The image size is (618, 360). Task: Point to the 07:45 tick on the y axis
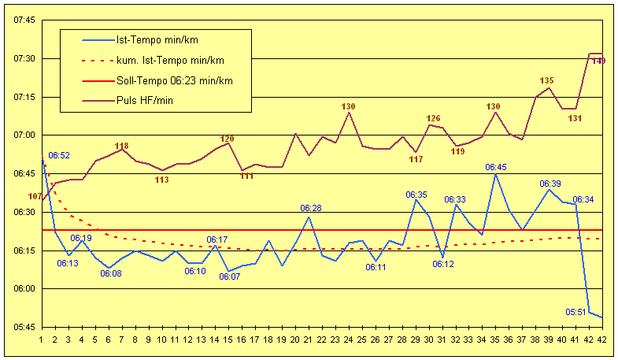click(x=24, y=20)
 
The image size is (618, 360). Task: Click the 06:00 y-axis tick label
click(x=24, y=289)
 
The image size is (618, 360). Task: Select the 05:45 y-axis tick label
click(x=24, y=327)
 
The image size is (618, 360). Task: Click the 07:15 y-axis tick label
click(x=24, y=97)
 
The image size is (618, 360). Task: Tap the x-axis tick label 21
click(x=309, y=340)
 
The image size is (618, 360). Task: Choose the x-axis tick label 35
click(x=496, y=340)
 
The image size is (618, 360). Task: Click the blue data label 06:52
click(x=59, y=156)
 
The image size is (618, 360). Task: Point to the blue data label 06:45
click(x=496, y=167)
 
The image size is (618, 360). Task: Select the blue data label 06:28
click(x=311, y=208)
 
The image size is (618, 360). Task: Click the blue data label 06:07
click(x=230, y=276)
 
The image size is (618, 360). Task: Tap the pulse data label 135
click(x=547, y=80)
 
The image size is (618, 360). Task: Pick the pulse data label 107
click(x=35, y=196)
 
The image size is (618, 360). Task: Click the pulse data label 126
click(x=433, y=119)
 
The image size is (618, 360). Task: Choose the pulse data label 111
click(x=246, y=176)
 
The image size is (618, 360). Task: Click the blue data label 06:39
click(x=550, y=184)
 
